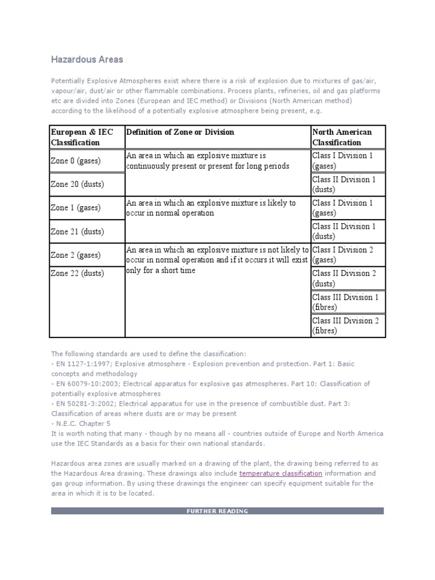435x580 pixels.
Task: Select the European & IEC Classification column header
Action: pos(82,137)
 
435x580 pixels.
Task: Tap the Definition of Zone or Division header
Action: pos(180,132)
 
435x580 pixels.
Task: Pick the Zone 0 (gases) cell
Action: pos(76,161)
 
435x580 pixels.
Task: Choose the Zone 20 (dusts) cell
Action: pos(78,184)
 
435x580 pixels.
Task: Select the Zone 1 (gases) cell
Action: pos(76,208)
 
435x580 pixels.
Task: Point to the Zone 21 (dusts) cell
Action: pos(78,231)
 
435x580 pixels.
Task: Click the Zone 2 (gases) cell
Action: pos(76,255)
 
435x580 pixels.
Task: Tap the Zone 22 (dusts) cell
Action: pos(78,273)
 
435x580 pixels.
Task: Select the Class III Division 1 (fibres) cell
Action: pos(345,302)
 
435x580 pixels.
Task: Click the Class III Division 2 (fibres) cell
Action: pos(345,326)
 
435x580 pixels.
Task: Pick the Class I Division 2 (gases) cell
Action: pos(344,255)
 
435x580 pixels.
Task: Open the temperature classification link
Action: pos(281,473)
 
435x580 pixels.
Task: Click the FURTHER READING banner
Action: pos(217,511)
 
